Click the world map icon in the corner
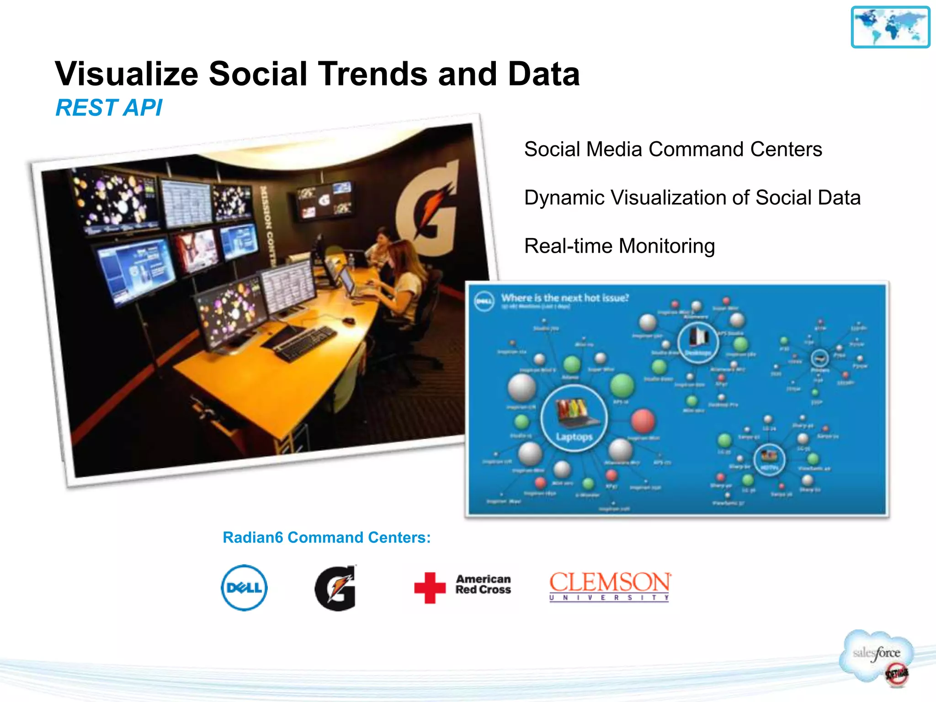coord(890,27)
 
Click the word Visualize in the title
coord(127,74)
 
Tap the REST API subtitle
coord(109,108)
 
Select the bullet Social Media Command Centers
coord(673,149)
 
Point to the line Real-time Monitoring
coord(619,246)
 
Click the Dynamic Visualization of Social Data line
coord(692,197)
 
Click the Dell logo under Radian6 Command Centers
coord(244,588)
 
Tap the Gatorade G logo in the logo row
coord(336,588)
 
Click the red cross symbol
coord(430,588)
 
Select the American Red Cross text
coord(483,585)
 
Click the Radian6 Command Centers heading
coord(326,537)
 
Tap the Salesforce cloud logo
coord(877,654)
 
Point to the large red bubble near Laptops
coord(643,420)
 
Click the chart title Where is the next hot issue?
coord(565,298)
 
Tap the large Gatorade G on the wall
coord(427,210)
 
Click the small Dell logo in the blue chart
coord(484,302)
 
